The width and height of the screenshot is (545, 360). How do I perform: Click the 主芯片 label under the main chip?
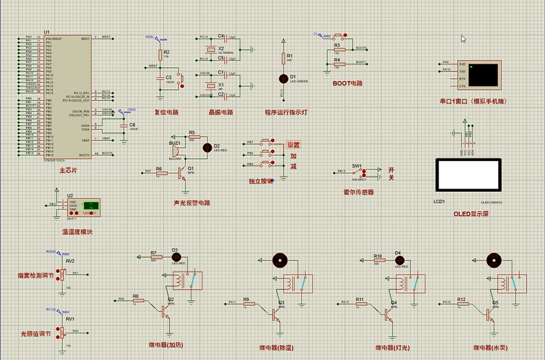point(68,170)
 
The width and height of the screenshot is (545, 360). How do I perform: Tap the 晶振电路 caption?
point(221,112)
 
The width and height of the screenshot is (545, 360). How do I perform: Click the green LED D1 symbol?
point(283,78)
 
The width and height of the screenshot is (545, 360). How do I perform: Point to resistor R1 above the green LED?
point(283,58)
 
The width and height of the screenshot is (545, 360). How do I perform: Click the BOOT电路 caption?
point(348,84)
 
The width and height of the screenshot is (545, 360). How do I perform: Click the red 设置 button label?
point(294,145)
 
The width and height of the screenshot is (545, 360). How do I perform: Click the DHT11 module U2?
point(83,207)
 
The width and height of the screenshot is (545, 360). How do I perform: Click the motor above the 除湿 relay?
point(280,261)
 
